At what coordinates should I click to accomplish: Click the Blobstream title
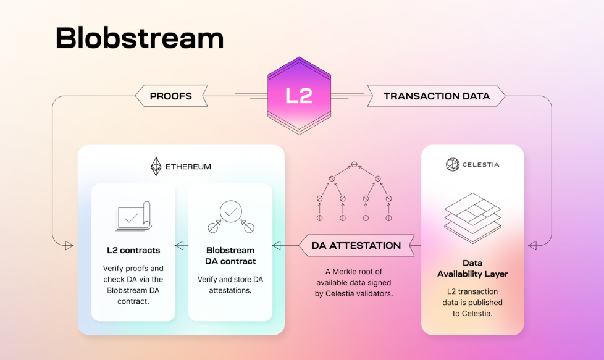(140, 38)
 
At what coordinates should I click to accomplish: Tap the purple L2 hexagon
(300, 96)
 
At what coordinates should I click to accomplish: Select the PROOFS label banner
(172, 96)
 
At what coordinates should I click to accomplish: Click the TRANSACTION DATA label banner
(436, 96)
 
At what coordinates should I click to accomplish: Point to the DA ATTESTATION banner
(357, 245)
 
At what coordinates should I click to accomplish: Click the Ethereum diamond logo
(156, 166)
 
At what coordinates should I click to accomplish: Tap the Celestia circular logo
(453, 164)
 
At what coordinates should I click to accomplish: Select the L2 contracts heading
(133, 250)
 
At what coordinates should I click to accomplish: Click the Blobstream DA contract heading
(230, 256)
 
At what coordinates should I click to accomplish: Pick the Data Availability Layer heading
(472, 269)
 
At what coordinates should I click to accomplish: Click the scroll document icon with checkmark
(133, 216)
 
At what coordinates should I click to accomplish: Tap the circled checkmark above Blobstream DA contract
(231, 211)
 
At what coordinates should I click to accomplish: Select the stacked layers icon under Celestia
(472, 218)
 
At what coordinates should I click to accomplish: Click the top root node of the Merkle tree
(354, 164)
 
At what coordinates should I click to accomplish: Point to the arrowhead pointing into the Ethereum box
(69, 245)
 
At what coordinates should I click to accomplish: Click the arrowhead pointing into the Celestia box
(532, 245)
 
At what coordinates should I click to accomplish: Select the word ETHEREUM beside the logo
(188, 167)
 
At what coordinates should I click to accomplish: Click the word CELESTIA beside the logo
(480, 164)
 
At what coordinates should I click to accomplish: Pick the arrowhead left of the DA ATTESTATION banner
(277, 245)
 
